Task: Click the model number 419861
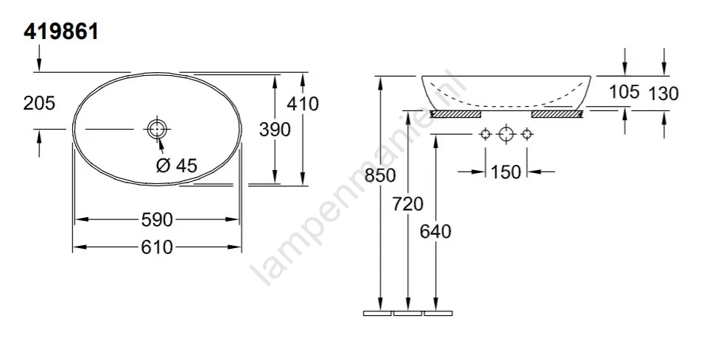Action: coord(60,32)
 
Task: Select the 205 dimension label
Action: coord(39,104)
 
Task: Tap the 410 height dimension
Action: coord(303,104)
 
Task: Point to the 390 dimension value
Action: coord(275,130)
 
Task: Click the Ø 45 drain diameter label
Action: coord(177,165)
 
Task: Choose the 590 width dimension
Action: coord(157,220)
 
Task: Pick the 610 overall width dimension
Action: coord(157,248)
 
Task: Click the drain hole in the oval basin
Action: coord(157,129)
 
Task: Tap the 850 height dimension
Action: coord(380,175)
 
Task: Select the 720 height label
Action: coord(408,204)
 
